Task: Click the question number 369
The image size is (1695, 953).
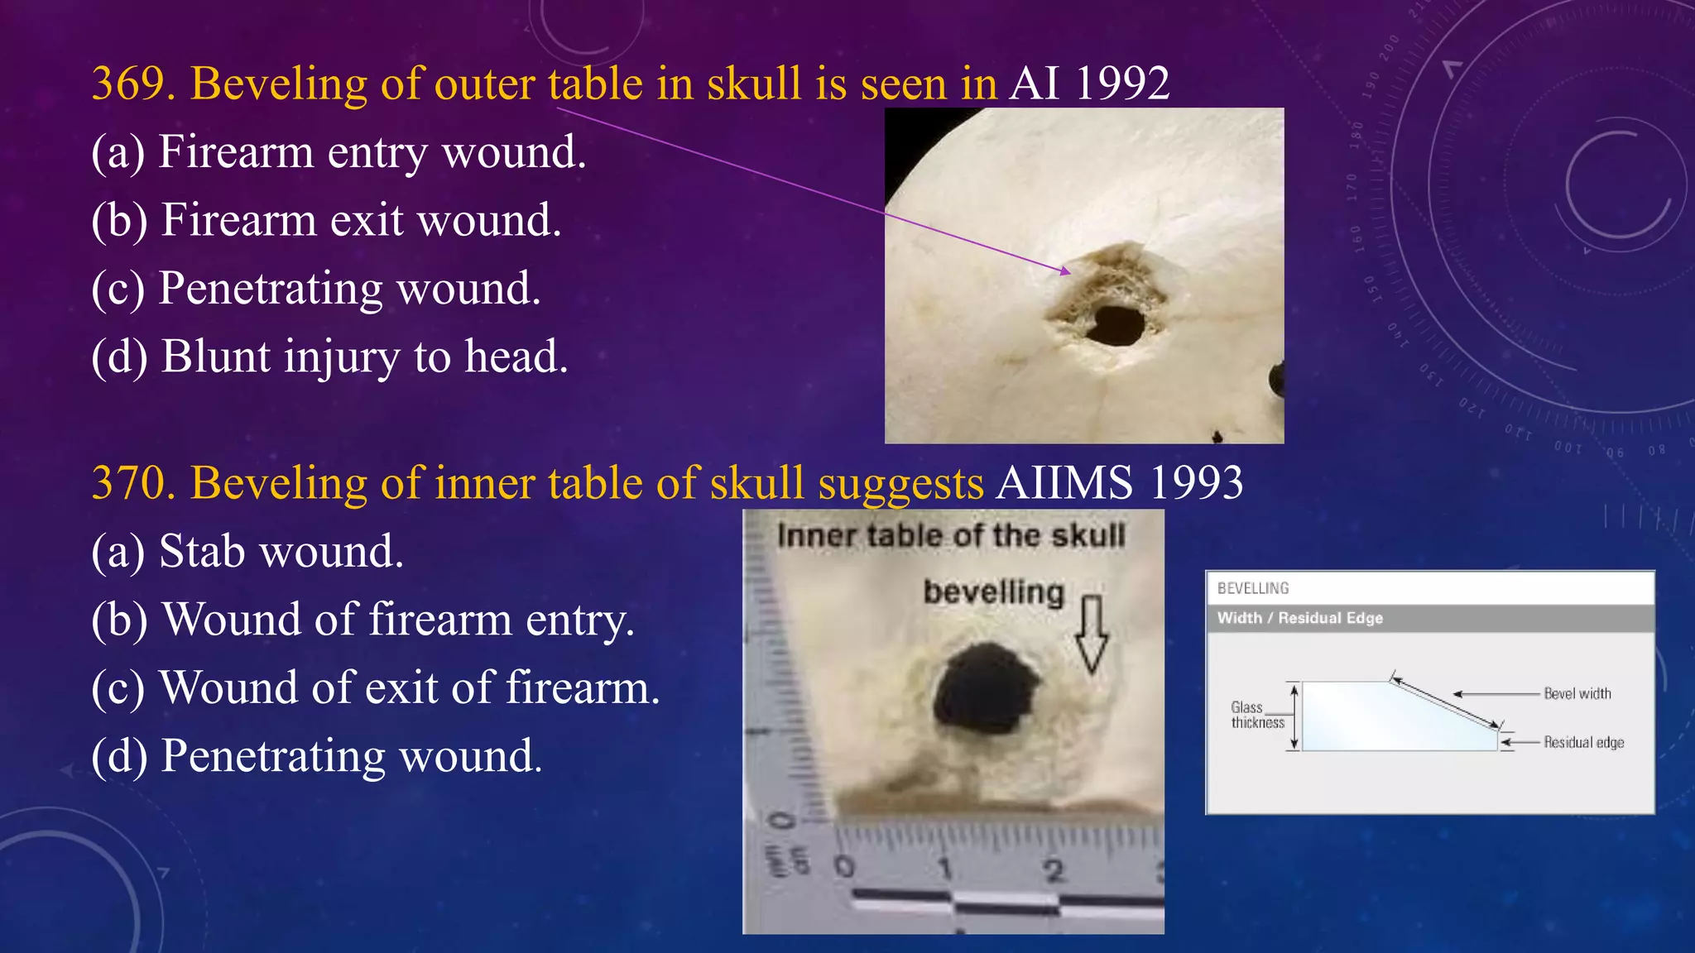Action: tap(132, 84)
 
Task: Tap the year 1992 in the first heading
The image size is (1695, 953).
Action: tap(1122, 84)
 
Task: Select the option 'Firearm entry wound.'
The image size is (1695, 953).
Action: tap(339, 152)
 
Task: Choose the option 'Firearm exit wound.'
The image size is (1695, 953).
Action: tap(326, 220)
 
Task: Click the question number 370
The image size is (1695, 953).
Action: tap(132, 483)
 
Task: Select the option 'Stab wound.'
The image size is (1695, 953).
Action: tap(247, 552)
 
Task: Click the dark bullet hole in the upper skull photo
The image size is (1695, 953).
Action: tap(1116, 325)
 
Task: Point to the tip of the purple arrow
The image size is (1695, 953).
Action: tap(1068, 271)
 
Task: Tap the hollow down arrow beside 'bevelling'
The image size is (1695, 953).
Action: tap(1092, 633)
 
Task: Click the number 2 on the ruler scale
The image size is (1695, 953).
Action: tap(1053, 871)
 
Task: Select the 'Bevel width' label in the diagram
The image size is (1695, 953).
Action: tap(1577, 694)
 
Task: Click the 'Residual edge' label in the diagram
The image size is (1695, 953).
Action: tap(1583, 743)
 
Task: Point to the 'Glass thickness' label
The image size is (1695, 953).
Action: tap(1256, 715)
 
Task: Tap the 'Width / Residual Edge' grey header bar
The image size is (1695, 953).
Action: tap(1429, 618)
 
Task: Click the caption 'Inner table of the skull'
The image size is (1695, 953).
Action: tap(951, 536)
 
